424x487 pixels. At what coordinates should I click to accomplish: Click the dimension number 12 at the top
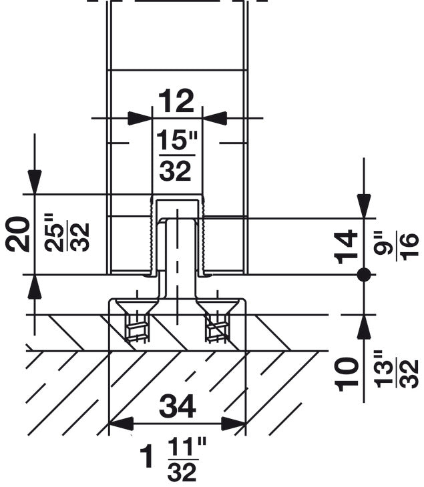coord(176,101)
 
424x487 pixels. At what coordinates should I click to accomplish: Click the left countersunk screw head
coord(138,309)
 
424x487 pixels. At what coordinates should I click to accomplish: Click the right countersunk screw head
coord(217,309)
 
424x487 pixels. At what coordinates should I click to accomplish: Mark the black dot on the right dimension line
coord(363,274)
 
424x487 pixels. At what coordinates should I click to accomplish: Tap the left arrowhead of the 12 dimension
coord(140,118)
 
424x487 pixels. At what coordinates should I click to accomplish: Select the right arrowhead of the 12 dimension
coord(214,118)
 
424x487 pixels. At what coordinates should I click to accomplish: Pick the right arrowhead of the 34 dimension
coord(234,423)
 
